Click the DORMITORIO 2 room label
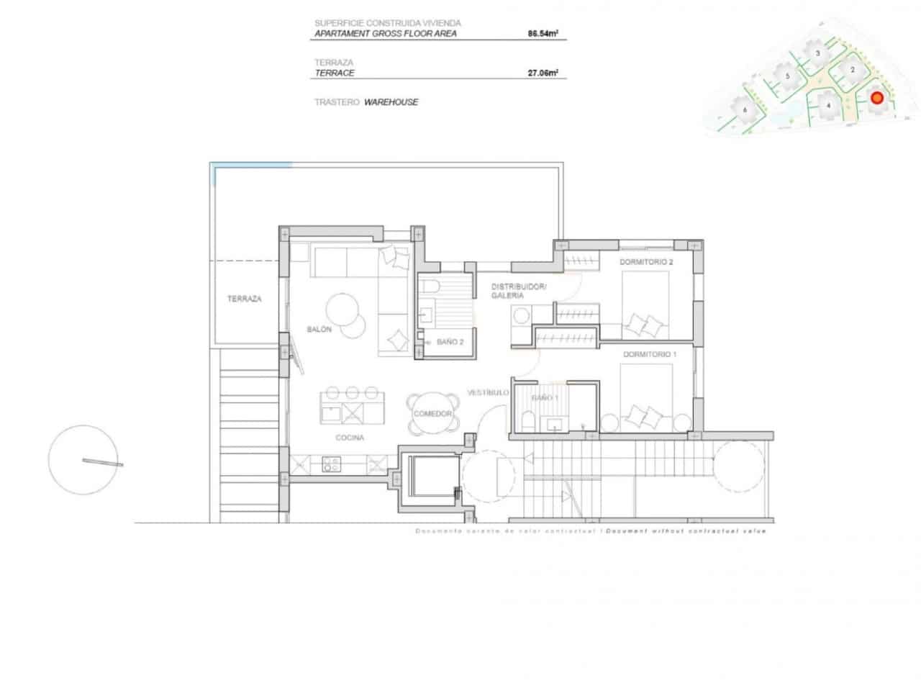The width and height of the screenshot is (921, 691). pyautogui.click(x=646, y=262)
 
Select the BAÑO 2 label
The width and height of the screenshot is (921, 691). pyautogui.click(x=450, y=342)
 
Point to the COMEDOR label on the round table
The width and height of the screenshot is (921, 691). pyautogui.click(x=432, y=414)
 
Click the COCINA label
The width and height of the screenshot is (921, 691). pyautogui.click(x=350, y=438)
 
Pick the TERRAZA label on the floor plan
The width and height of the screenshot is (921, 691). pyautogui.click(x=244, y=299)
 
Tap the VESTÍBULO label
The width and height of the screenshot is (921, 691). pyautogui.click(x=489, y=393)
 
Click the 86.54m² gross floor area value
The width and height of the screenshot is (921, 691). pyautogui.click(x=544, y=33)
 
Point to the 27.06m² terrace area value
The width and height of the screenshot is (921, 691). pyautogui.click(x=544, y=73)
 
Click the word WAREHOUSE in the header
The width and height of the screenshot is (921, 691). pyautogui.click(x=391, y=102)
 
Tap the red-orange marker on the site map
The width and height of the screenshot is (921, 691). pyautogui.click(x=876, y=99)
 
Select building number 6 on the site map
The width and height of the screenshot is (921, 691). pyautogui.click(x=745, y=109)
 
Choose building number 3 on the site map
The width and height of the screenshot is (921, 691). pyautogui.click(x=817, y=53)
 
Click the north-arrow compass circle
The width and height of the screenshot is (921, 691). pyautogui.click(x=83, y=461)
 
